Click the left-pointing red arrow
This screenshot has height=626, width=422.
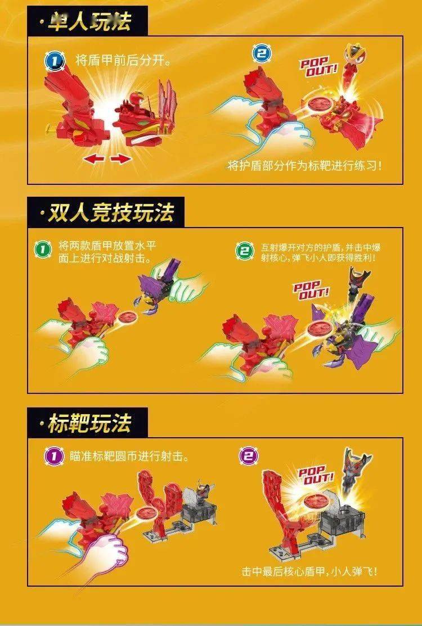pyautogui.click(x=94, y=160)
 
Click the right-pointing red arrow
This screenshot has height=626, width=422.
pyautogui.click(x=120, y=160)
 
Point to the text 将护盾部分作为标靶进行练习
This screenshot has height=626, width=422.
pyautogui.click(x=308, y=166)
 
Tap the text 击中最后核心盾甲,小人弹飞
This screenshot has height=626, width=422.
pyautogui.click(x=309, y=571)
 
